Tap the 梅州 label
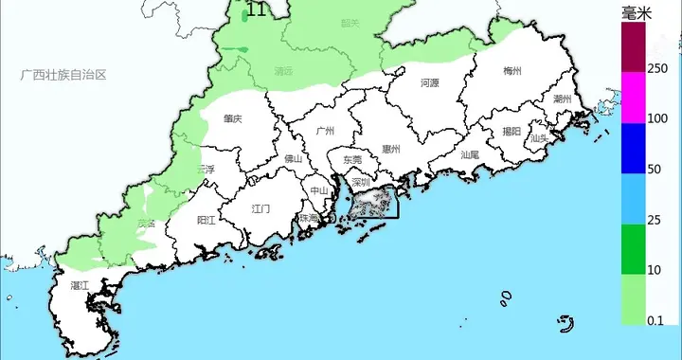512,71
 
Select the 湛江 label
80,284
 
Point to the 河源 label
429,83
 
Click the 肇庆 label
233,119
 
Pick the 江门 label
260,207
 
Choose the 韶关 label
350,24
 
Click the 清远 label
282,71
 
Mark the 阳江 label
206,220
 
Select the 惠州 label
391,149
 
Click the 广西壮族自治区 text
66,74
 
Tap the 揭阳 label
511,132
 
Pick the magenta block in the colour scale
632,98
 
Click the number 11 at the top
256,10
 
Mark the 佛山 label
293,158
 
